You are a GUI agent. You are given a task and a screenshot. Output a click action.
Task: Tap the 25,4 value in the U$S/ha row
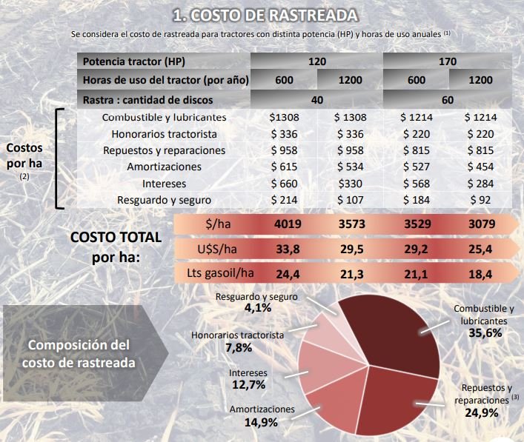(480, 249)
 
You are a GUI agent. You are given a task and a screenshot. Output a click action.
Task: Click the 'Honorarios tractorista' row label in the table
(164, 134)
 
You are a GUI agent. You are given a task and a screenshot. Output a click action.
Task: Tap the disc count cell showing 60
(448, 99)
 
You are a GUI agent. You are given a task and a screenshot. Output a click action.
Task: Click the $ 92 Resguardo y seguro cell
(480, 200)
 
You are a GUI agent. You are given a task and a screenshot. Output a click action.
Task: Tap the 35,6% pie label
(485, 333)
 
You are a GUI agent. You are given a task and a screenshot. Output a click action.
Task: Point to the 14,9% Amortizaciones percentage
(261, 423)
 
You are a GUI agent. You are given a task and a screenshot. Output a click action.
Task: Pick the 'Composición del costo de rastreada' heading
(78, 354)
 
